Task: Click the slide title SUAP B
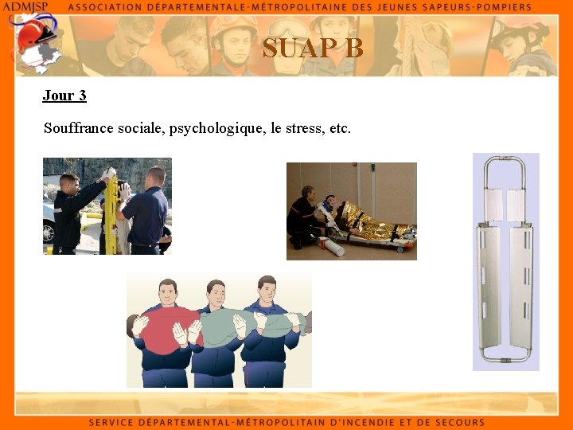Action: pyautogui.click(x=313, y=49)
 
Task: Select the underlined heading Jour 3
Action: pyautogui.click(x=64, y=96)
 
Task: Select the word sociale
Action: pyautogui.click(x=141, y=128)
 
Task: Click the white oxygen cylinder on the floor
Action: pyautogui.click(x=332, y=247)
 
